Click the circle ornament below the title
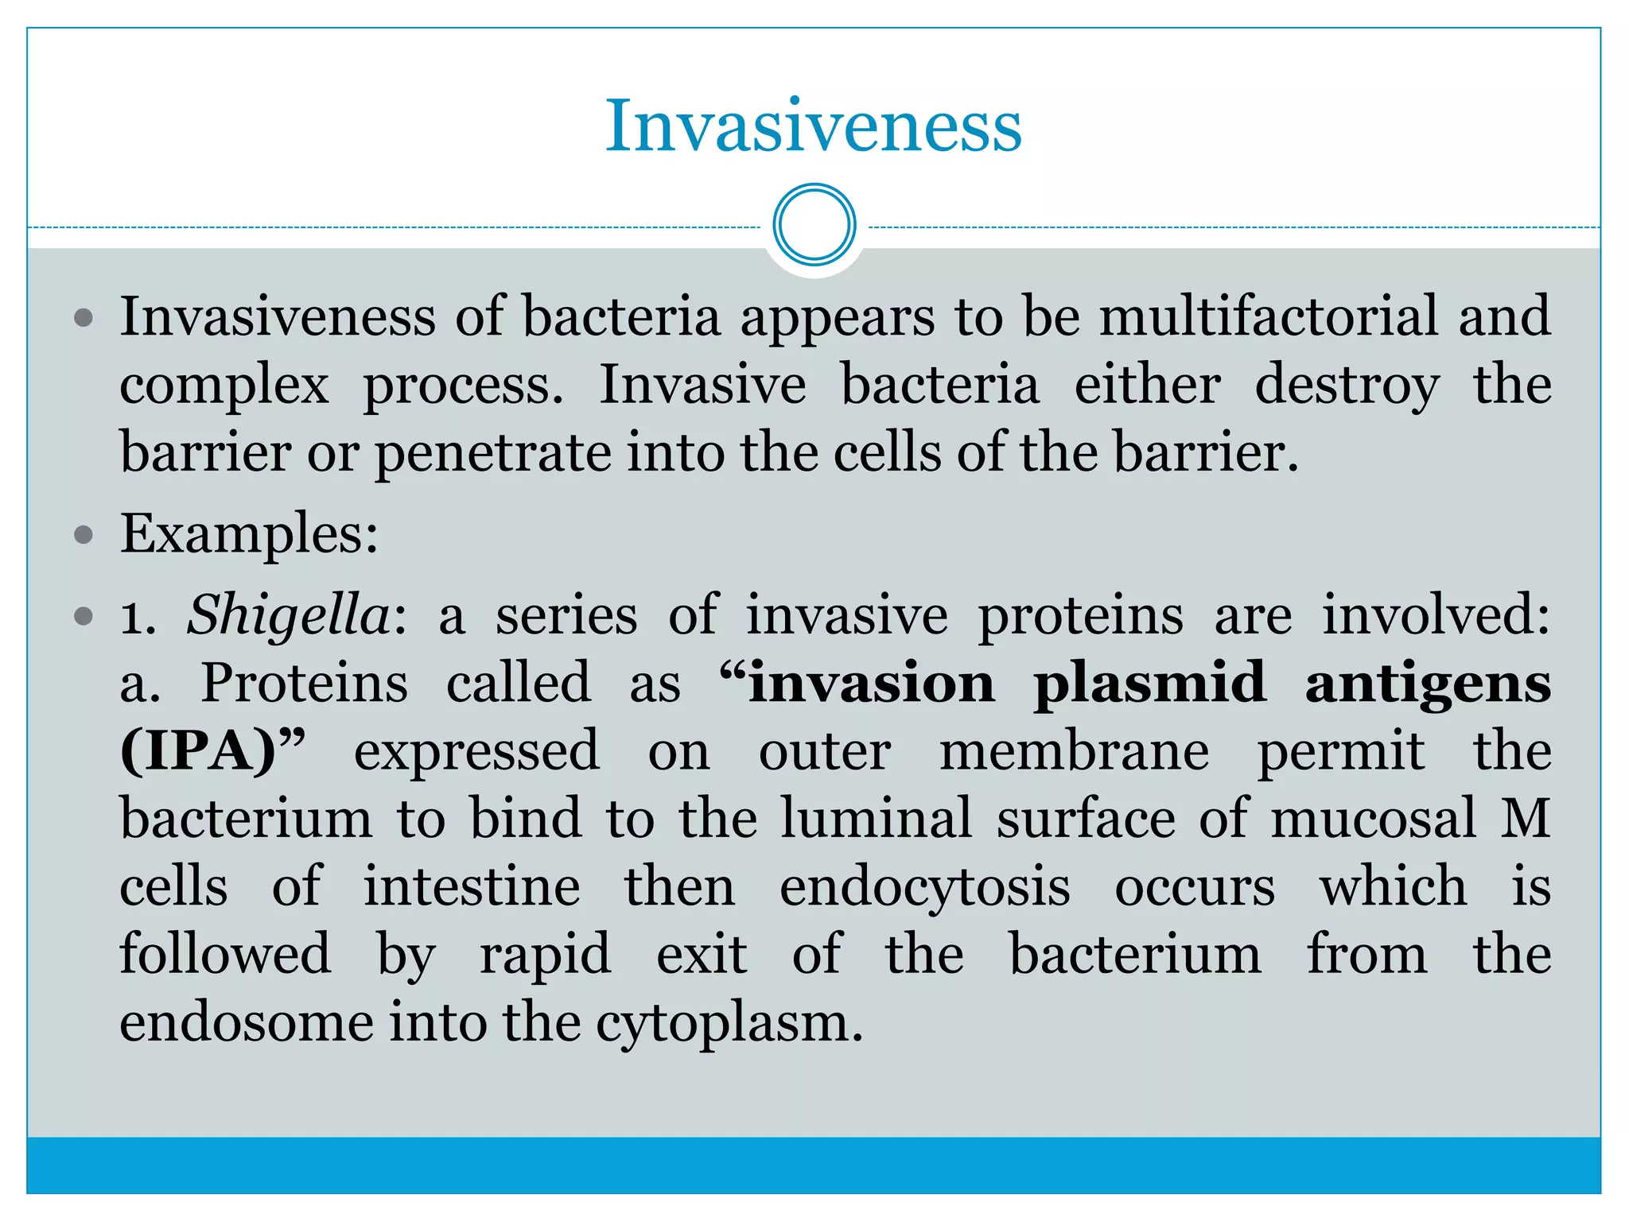click(x=814, y=225)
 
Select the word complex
click(x=224, y=386)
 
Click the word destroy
click(x=1347, y=386)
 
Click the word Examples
click(x=248, y=533)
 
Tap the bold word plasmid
click(x=1149, y=684)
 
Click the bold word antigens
click(x=1428, y=684)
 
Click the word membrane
click(x=1074, y=751)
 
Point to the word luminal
click(x=876, y=819)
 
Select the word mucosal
click(x=1374, y=819)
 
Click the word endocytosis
click(x=924, y=888)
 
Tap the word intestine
click(x=472, y=886)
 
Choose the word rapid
click(x=545, y=955)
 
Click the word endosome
click(x=247, y=1022)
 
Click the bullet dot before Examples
click(x=84, y=534)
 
